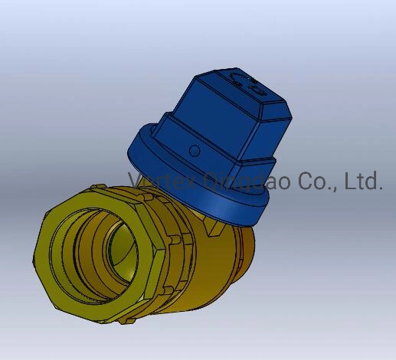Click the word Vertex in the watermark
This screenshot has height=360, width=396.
(x=163, y=182)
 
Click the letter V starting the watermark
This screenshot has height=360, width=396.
(x=136, y=182)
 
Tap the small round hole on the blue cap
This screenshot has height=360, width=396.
(x=195, y=150)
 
